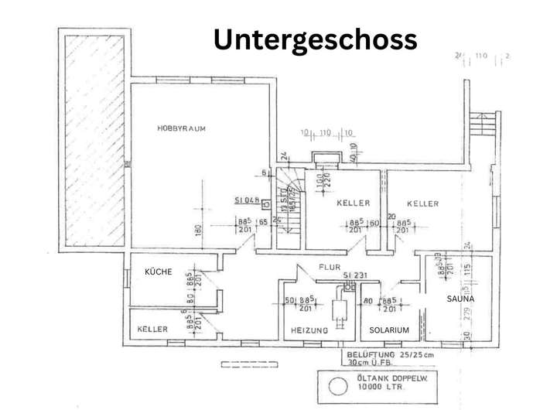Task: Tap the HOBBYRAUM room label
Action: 181,128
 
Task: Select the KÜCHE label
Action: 158,272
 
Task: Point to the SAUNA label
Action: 460,298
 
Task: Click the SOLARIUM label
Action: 389,330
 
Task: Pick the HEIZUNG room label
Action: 309,330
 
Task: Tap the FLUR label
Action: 330,268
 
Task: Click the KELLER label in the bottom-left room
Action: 152,330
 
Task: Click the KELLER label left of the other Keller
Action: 352,203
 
